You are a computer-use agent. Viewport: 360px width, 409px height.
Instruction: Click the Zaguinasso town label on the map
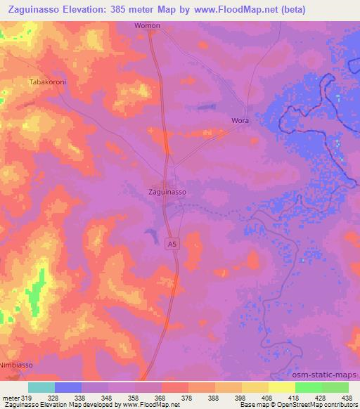click(x=167, y=191)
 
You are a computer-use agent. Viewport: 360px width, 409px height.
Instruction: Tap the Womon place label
click(x=148, y=26)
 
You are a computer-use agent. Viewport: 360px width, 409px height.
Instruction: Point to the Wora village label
click(x=240, y=121)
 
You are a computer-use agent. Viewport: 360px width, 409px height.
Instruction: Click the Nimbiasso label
click(x=16, y=365)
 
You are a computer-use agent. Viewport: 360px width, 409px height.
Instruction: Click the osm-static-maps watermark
click(x=330, y=375)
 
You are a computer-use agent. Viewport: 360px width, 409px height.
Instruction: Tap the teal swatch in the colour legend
click(x=41, y=387)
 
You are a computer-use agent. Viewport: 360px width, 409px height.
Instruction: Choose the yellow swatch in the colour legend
click(x=281, y=387)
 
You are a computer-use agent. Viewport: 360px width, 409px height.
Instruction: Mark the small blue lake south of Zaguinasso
click(x=150, y=232)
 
